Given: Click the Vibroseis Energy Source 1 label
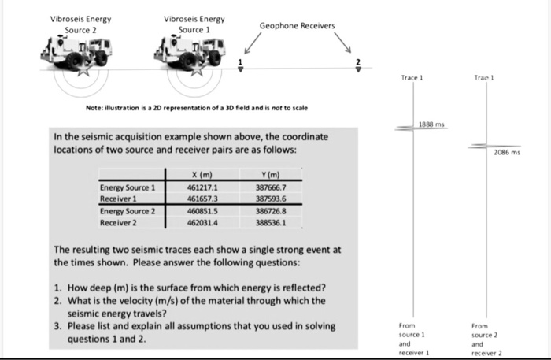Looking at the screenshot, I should (x=194, y=23).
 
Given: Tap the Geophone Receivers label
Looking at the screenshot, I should (x=297, y=25).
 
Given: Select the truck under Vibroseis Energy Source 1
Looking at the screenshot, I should (x=188, y=56).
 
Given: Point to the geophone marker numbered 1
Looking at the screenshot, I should (x=242, y=68).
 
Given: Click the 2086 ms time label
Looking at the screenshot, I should (x=507, y=154).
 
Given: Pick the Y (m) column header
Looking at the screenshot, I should (x=266, y=174).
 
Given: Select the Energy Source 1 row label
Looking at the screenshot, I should (x=128, y=187).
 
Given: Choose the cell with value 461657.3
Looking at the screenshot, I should (x=202, y=199).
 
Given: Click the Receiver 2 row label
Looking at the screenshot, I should (x=119, y=224).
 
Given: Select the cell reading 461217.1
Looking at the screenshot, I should (x=202, y=187).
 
